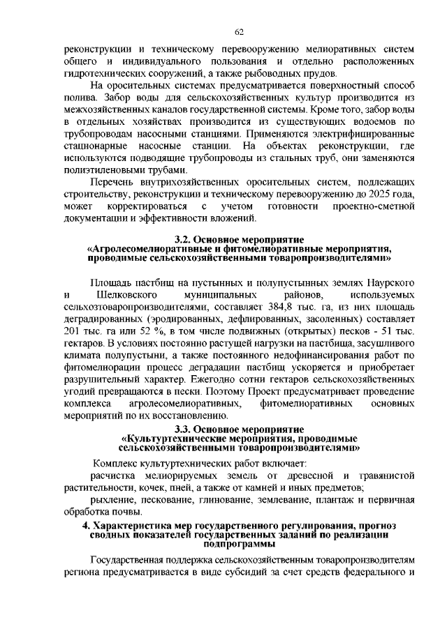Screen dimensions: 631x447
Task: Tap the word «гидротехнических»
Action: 103,74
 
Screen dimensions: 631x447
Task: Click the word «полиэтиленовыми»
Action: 103,170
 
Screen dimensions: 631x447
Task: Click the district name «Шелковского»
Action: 124,295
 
